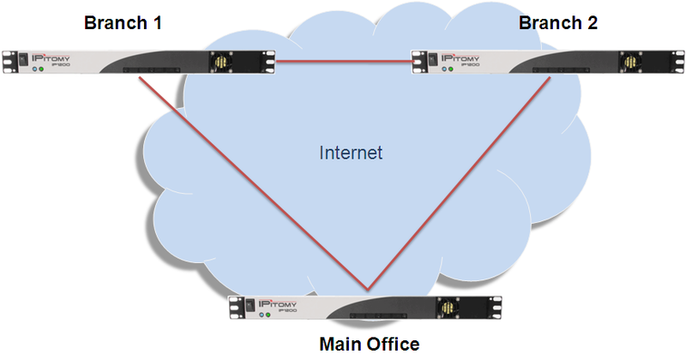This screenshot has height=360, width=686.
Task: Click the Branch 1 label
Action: coord(123,23)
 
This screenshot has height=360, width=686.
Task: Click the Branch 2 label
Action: coord(558,23)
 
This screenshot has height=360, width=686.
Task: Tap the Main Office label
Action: coord(369,345)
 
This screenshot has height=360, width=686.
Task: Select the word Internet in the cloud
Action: coord(350,153)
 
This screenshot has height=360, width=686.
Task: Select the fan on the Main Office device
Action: coord(447,306)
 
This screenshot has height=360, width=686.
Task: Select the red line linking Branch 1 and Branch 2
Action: coord(343,61)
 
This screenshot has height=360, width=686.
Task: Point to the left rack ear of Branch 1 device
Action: coord(6,63)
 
